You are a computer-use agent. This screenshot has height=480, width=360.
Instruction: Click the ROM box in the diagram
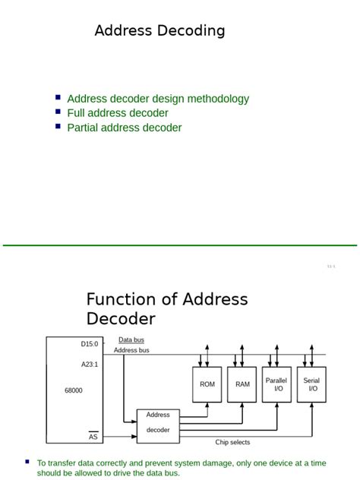point(207,384)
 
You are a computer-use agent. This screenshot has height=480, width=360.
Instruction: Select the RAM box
point(242,384)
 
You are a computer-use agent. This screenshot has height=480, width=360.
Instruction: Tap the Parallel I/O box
point(276,384)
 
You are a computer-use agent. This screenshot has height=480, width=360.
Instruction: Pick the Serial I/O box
point(311,384)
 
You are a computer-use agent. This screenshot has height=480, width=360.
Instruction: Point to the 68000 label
point(74,390)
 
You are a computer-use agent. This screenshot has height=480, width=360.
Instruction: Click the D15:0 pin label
point(90,344)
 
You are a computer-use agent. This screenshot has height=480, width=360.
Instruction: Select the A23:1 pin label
point(90,365)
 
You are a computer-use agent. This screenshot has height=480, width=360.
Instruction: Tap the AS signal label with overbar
point(93,437)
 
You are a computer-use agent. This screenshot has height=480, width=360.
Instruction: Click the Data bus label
point(131,340)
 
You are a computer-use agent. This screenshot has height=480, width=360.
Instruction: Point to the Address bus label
point(131,350)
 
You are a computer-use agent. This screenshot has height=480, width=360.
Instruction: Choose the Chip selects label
point(232,442)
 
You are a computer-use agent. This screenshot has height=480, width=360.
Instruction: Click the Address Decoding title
point(159,31)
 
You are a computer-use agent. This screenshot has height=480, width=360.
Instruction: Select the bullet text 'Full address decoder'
point(118,113)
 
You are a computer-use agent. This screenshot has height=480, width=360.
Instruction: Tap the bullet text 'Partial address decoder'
point(125,128)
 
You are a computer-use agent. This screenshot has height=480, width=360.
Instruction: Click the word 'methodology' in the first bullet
point(218,99)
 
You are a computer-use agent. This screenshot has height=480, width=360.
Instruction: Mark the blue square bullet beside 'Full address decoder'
point(58,112)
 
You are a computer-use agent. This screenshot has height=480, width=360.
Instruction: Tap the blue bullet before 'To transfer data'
point(28,461)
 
